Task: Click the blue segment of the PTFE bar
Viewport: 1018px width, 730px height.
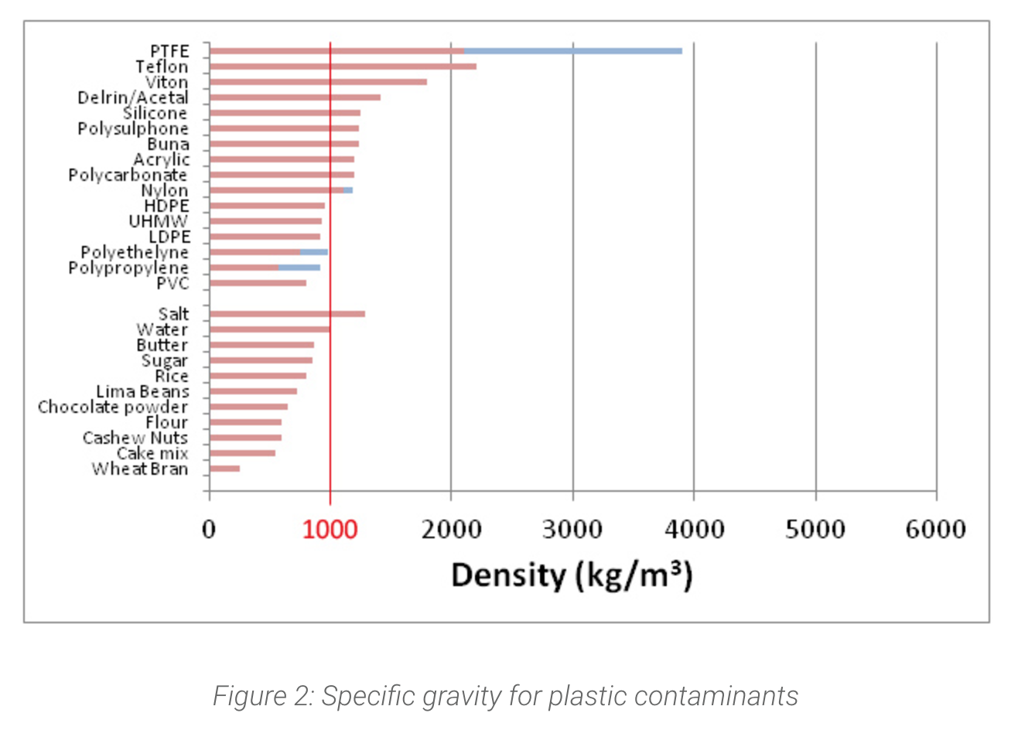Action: (572, 51)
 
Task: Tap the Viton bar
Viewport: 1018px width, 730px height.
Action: (318, 82)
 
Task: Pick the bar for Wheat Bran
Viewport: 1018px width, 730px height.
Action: (224, 469)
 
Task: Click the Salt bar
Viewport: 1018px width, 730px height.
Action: (287, 314)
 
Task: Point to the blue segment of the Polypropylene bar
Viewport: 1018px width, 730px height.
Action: (299, 268)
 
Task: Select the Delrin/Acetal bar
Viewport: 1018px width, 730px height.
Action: (295, 97)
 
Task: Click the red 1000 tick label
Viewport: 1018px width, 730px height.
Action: (330, 530)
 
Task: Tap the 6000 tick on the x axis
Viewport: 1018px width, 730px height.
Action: (936, 530)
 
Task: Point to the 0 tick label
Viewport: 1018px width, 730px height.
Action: (209, 530)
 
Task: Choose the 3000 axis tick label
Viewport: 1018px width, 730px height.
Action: (572, 530)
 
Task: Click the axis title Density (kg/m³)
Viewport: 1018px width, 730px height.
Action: (572, 576)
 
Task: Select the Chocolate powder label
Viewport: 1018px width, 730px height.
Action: (113, 407)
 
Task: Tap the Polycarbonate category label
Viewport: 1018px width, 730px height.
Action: (128, 176)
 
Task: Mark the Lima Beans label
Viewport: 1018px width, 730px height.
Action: (142, 391)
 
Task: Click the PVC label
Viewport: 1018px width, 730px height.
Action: (173, 284)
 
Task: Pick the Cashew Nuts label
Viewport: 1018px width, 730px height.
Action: (135, 438)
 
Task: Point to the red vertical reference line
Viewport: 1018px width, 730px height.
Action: (330, 387)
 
